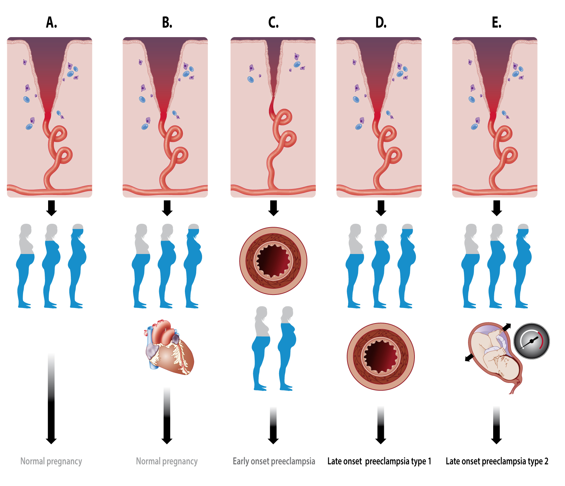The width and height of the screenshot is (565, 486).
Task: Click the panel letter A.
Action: (51, 23)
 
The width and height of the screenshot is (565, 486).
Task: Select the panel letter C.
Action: (273, 23)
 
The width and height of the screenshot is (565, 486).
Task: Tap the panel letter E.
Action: (496, 23)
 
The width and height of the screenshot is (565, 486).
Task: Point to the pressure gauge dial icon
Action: (531, 341)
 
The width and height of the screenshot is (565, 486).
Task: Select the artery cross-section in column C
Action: (273, 261)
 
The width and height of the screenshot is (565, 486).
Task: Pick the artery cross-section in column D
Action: (380, 356)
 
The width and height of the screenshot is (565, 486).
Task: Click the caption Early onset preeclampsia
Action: (274, 461)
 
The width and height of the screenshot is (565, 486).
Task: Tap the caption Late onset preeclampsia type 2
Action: (497, 461)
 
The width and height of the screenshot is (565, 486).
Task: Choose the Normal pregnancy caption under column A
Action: (51, 461)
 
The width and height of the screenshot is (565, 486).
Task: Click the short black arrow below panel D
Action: (381, 208)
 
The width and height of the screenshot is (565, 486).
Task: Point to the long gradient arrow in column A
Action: (51, 399)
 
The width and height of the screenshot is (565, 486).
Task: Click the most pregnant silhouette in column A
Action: (78, 266)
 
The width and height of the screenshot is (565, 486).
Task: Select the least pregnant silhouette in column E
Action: (470, 266)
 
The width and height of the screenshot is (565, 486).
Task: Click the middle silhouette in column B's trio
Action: (167, 266)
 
